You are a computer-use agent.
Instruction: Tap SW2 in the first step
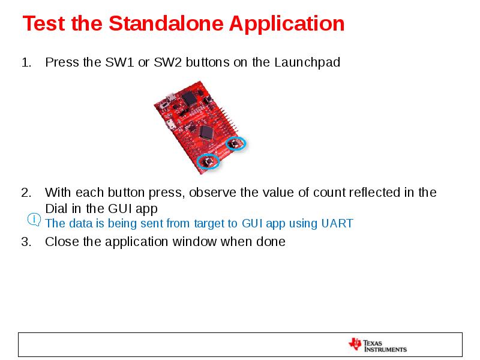pyautogui.click(x=167, y=62)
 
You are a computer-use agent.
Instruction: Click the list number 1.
pyautogui.click(x=25, y=62)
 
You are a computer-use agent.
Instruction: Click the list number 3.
pyautogui.click(x=25, y=242)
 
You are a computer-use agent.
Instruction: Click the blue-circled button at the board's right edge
pyautogui.click(x=236, y=143)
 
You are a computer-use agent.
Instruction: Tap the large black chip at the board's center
pyautogui.click(x=207, y=132)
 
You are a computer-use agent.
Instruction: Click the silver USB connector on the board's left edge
pyautogui.click(x=172, y=124)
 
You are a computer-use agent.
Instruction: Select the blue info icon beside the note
pyautogui.click(x=34, y=220)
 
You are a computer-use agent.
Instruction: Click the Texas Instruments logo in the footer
pyautogui.click(x=377, y=345)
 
